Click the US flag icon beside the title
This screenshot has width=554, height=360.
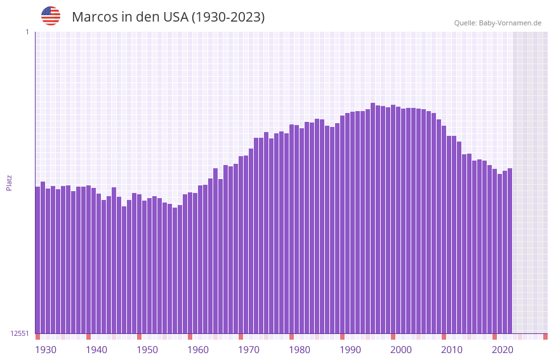pos(51,16)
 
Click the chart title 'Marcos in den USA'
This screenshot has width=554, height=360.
pos(168,17)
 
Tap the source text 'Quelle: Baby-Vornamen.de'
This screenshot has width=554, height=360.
pos(498,23)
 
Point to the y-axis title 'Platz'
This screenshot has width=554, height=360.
pos(9,182)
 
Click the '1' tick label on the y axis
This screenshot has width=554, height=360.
pos(27,32)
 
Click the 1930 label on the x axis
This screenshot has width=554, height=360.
pos(46,350)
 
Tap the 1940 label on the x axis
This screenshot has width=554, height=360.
pos(96,350)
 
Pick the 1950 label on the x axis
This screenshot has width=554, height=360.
pos(147,350)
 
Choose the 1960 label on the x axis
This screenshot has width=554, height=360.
pos(198,350)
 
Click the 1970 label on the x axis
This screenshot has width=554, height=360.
pos(249,350)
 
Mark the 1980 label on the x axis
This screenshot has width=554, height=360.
pos(300,350)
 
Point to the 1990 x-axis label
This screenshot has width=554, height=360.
pos(350,350)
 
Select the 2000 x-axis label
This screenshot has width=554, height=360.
pos(401,350)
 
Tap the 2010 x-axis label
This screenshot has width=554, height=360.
pos(452,350)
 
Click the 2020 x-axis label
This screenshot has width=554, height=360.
pos(503,350)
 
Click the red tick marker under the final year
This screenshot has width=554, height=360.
pos(545,337)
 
